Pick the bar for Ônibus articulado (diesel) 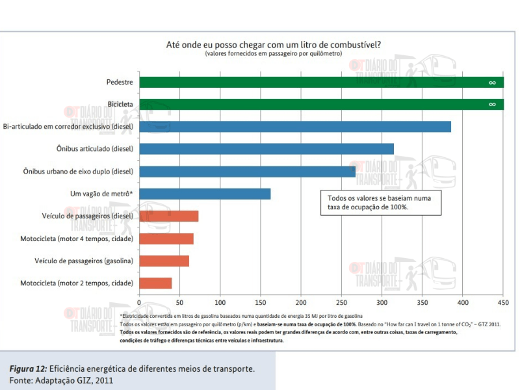tap(266, 149)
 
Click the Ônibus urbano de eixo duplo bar tap(247, 172)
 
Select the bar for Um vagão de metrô tap(205, 194)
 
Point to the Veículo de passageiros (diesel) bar tap(169, 216)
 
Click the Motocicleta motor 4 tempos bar tap(166, 239)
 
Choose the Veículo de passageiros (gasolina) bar tap(164, 261)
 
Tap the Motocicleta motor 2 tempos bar tap(155, 283)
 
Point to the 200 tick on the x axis tap(301, 303)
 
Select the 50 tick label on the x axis tap(179, 303)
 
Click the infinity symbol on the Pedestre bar tap(493, 83)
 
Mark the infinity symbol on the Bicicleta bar tap(493, 105)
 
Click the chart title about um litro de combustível tap(274, 44)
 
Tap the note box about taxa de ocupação tap(380, 201)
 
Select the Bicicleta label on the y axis tap(120, 105)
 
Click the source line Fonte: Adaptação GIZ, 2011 tap(64, 380)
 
